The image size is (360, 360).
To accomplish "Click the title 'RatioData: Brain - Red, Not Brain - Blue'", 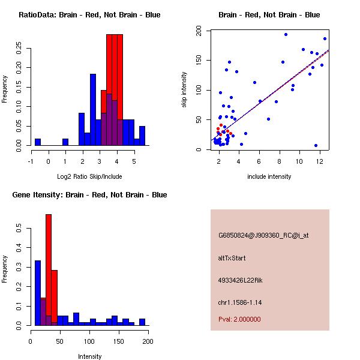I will (89, 15).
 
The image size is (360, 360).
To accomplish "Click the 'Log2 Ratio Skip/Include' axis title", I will (89, 176).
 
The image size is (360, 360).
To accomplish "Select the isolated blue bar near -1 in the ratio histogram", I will (38, 142).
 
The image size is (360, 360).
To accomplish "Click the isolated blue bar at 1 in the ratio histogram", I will (65, 142).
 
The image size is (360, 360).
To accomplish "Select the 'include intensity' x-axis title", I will (269, 176).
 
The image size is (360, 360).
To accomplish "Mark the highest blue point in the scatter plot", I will (286, 34).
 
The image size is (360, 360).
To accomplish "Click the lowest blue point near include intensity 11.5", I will (316, 145).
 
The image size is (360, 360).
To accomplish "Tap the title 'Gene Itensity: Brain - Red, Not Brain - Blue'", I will (89, 195).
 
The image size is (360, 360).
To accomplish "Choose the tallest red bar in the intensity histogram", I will (49, 269).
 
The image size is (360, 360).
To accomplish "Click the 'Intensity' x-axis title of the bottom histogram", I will (89, 356).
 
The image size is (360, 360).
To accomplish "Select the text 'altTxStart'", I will (232, 258).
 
